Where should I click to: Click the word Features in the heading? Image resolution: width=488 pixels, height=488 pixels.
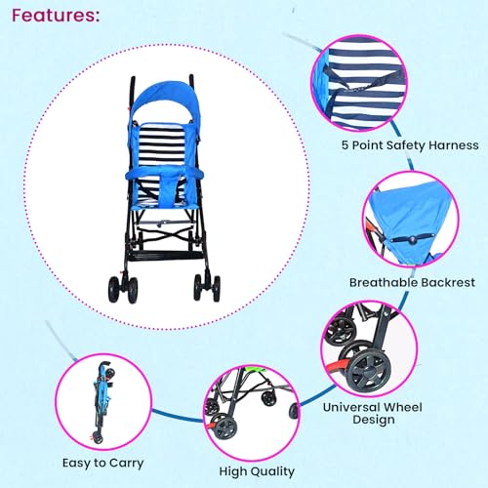pyautogui.click(x=54, y=17)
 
